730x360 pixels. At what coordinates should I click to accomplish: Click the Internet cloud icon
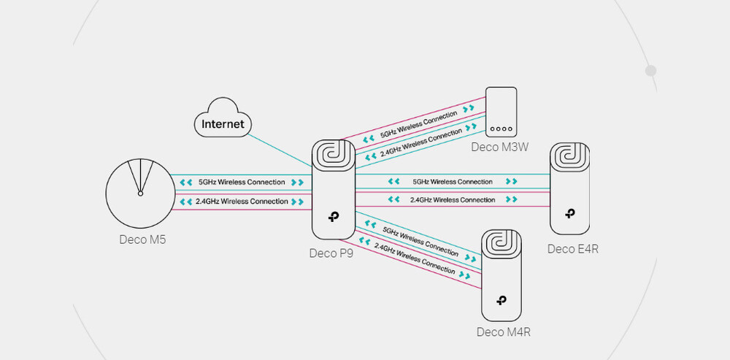click(223, 123)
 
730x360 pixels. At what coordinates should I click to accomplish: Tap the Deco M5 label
click(142, 240)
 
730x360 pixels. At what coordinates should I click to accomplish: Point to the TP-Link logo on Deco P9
click(334, 218)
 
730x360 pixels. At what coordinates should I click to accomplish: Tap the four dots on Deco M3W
click(501, 129)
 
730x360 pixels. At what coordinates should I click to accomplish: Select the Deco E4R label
click(573, 249)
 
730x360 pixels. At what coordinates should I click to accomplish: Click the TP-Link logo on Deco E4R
click(569, 215)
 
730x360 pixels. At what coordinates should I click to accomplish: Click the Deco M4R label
click(503, 333)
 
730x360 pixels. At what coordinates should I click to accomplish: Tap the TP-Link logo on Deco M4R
click(502, 299)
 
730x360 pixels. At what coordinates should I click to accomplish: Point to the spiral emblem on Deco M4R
click(502, 244)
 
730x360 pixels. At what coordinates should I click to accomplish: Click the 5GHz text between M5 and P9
click(242, 182)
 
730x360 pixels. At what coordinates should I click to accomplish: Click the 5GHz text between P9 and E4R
click(453, 181)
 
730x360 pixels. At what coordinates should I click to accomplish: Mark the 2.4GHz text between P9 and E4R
click(453, 199)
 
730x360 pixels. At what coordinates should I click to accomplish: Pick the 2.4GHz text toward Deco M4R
click(415, 258)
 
